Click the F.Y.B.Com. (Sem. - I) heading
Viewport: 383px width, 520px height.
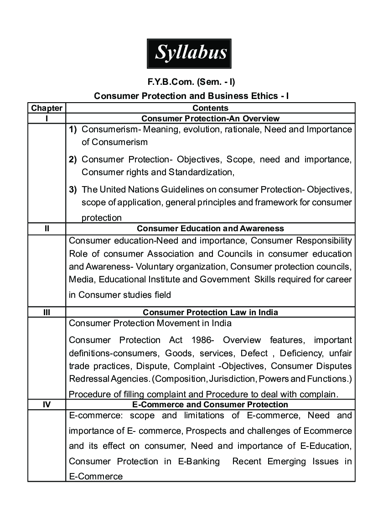[191, 83]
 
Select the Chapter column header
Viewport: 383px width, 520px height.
[47, 108]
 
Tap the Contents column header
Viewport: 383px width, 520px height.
[210, 108]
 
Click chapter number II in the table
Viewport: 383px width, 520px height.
[47, 229]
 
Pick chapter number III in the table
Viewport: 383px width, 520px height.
[47, 312]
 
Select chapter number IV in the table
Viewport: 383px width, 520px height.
[47, 405]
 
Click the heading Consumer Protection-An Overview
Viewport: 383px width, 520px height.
[210, 119]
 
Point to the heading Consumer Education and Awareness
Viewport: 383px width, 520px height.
[210, 229]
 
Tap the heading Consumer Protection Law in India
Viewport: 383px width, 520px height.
[210, 312]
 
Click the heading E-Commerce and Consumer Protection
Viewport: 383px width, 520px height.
[210, 405]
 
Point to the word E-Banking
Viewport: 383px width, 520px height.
[197, 462]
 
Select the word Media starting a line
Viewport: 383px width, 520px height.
[81, 279]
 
